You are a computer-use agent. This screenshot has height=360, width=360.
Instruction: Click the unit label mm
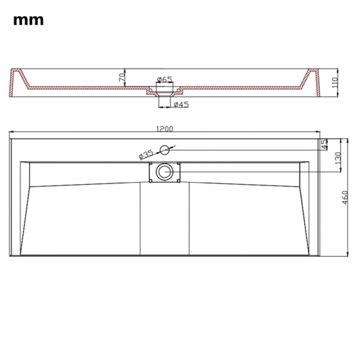click(28, 20)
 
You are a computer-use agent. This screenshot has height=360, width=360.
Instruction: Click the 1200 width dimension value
click(164, 129)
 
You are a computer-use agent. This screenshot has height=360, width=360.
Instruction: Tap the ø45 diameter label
click(180, 105)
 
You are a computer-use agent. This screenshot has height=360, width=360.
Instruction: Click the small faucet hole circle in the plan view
click(165, 150)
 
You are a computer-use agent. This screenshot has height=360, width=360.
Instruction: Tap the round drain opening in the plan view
click(164, 172)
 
